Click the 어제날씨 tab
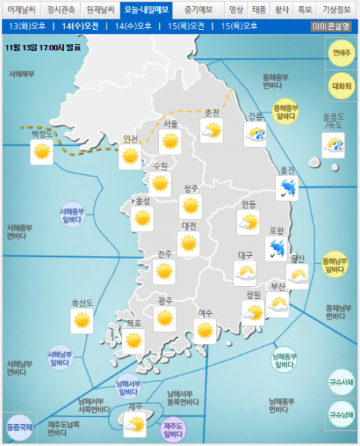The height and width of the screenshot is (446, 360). tap(20, 10)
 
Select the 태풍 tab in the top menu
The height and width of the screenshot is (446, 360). tap(259, 10)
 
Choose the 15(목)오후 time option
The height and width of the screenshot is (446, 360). tap(239, 26)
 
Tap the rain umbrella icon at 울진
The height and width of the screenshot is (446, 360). tap(286, 188)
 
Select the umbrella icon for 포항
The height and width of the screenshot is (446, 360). tap(276, 247)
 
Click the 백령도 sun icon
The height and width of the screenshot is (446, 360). tap(40, 152)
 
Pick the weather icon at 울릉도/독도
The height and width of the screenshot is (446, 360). tap(333, 144)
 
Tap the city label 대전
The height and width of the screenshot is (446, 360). tap(189, 226)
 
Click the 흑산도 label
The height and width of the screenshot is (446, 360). tap(82, 303)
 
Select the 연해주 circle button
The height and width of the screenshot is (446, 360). tap(341, 54)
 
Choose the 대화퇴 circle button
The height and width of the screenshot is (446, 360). tap(341, 86)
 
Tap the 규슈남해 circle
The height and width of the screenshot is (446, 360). tap(341, 414)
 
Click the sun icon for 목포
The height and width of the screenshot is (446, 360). tap(133, 341)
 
